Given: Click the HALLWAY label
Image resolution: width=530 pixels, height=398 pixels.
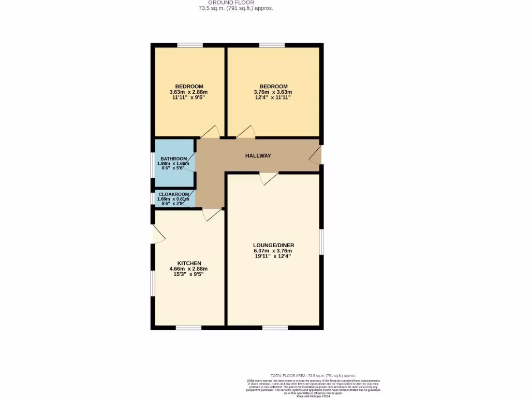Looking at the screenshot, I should (258, 156).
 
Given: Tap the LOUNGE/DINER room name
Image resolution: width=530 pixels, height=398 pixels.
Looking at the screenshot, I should (273, 245).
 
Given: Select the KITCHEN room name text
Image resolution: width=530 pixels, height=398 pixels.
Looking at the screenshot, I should (189, 263).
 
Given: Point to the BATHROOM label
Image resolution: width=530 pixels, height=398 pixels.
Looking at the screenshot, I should (173, 159).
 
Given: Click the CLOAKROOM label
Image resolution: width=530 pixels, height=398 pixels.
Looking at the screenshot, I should (174, 194).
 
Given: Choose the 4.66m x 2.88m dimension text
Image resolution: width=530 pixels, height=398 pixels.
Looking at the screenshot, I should (189, 269).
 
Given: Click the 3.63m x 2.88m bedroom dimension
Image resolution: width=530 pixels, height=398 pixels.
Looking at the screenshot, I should (189, 92).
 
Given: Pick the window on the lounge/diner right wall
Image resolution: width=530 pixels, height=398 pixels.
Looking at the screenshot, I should (321, 242).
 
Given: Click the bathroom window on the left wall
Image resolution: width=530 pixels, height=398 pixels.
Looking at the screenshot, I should (153, 165).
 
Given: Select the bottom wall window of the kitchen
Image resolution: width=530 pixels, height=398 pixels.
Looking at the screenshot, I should (189, 328).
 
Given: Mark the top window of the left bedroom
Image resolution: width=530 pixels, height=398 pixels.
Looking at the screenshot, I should (190, 46).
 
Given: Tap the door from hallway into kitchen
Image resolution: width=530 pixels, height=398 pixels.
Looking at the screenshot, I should (212, 215).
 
